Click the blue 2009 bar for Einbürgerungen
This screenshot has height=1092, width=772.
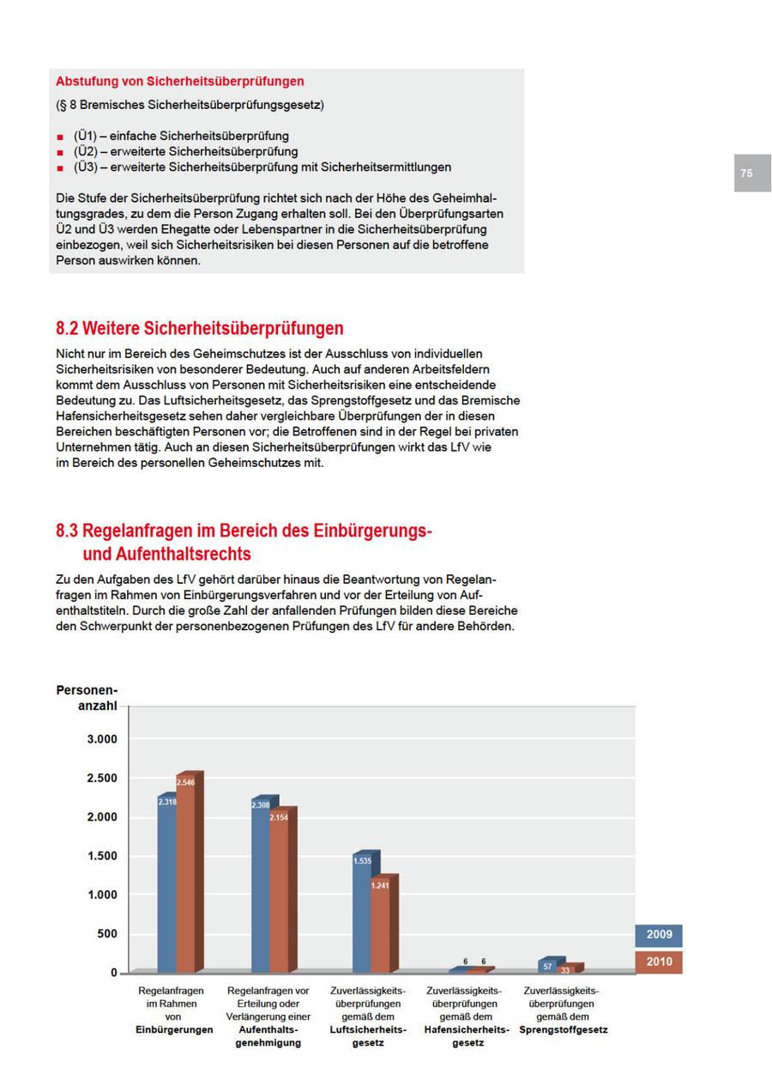click(x=166, y=884)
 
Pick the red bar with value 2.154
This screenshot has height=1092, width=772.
click(x=279, y=893)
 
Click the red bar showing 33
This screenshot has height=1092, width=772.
click(x=565, y=969)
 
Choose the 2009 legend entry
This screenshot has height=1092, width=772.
click(x=659, y=935)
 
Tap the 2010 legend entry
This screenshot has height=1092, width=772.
click(x=659, y=962)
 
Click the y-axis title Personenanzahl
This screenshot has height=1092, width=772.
click(x=87, y=698)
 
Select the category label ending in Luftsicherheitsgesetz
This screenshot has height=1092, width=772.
click(x=368, y=1016)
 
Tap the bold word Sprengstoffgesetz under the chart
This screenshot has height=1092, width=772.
click(x=563, y=1029)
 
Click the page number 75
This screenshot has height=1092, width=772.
click(x=746, y=173)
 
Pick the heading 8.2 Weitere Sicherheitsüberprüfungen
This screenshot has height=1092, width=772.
click(x=200, y=328)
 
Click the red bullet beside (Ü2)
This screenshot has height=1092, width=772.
click(x=60, y=152)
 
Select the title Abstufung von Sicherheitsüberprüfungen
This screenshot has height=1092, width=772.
click(x=180, y=82)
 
